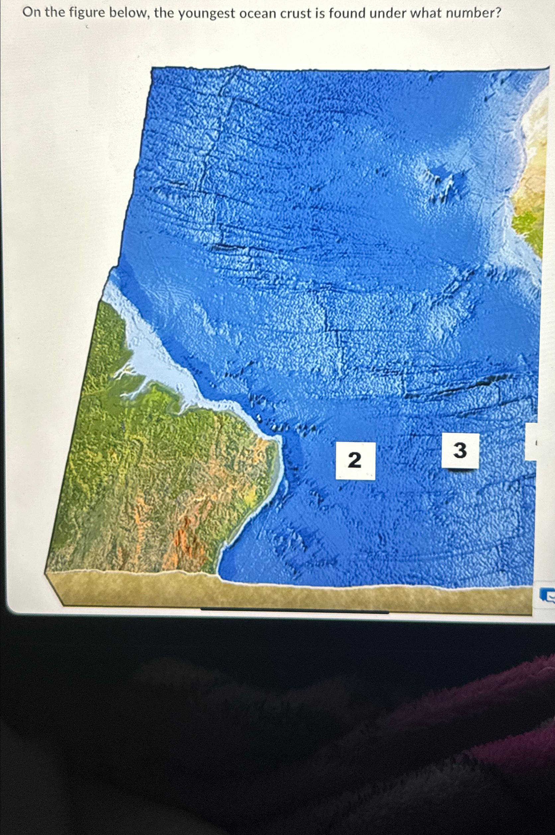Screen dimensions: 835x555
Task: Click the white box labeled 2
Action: pos(355,461)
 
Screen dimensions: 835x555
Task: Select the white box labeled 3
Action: pos(460,451)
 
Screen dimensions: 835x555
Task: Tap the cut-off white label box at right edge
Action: pos(531,442)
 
